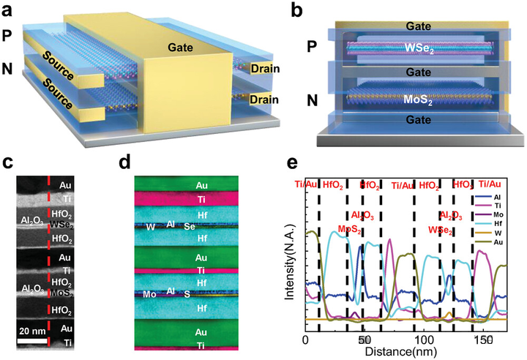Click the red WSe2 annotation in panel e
click(x=441, y=230)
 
